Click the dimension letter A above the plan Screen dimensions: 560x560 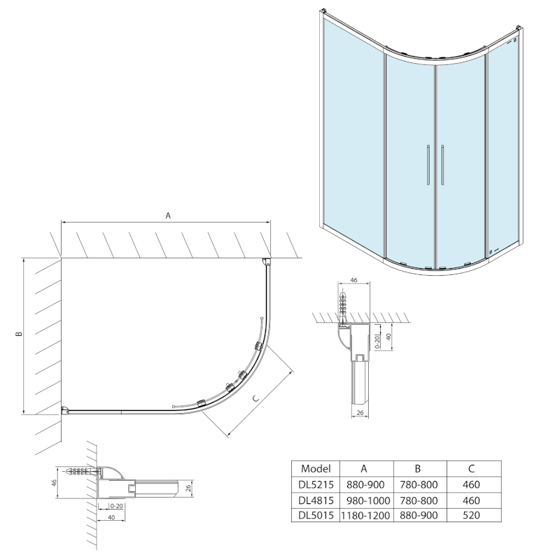[x=168, y=216]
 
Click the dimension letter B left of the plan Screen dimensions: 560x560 [x=20, y=333]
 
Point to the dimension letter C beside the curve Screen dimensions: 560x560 [x=256, y=398]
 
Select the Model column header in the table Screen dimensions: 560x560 [x=314, y=469]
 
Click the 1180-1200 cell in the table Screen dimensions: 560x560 [x=365, y=515]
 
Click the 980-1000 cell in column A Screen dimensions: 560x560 [x=365, y=500]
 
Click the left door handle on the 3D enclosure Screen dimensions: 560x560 [x=426, y=166]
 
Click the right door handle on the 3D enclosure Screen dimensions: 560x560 [x=443, y=166]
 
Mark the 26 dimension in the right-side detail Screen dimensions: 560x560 [x=358, y=414]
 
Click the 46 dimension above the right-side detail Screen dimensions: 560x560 [x=353, y=281]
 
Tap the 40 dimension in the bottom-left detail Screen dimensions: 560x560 [x=112, y=517]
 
